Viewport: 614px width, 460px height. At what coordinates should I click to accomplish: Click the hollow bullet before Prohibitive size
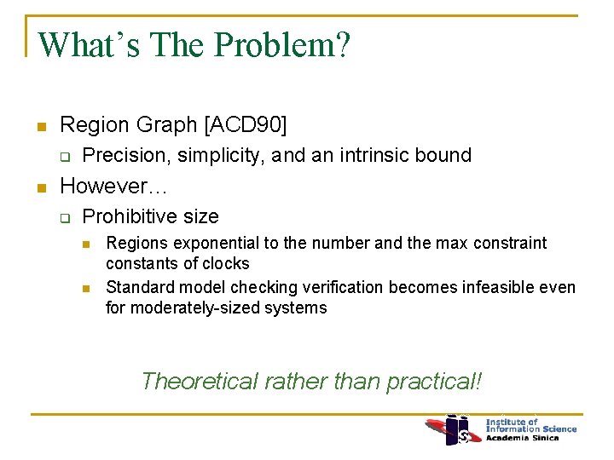tap(64, 217)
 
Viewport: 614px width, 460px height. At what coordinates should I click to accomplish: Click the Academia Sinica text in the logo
tap(523, 439)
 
